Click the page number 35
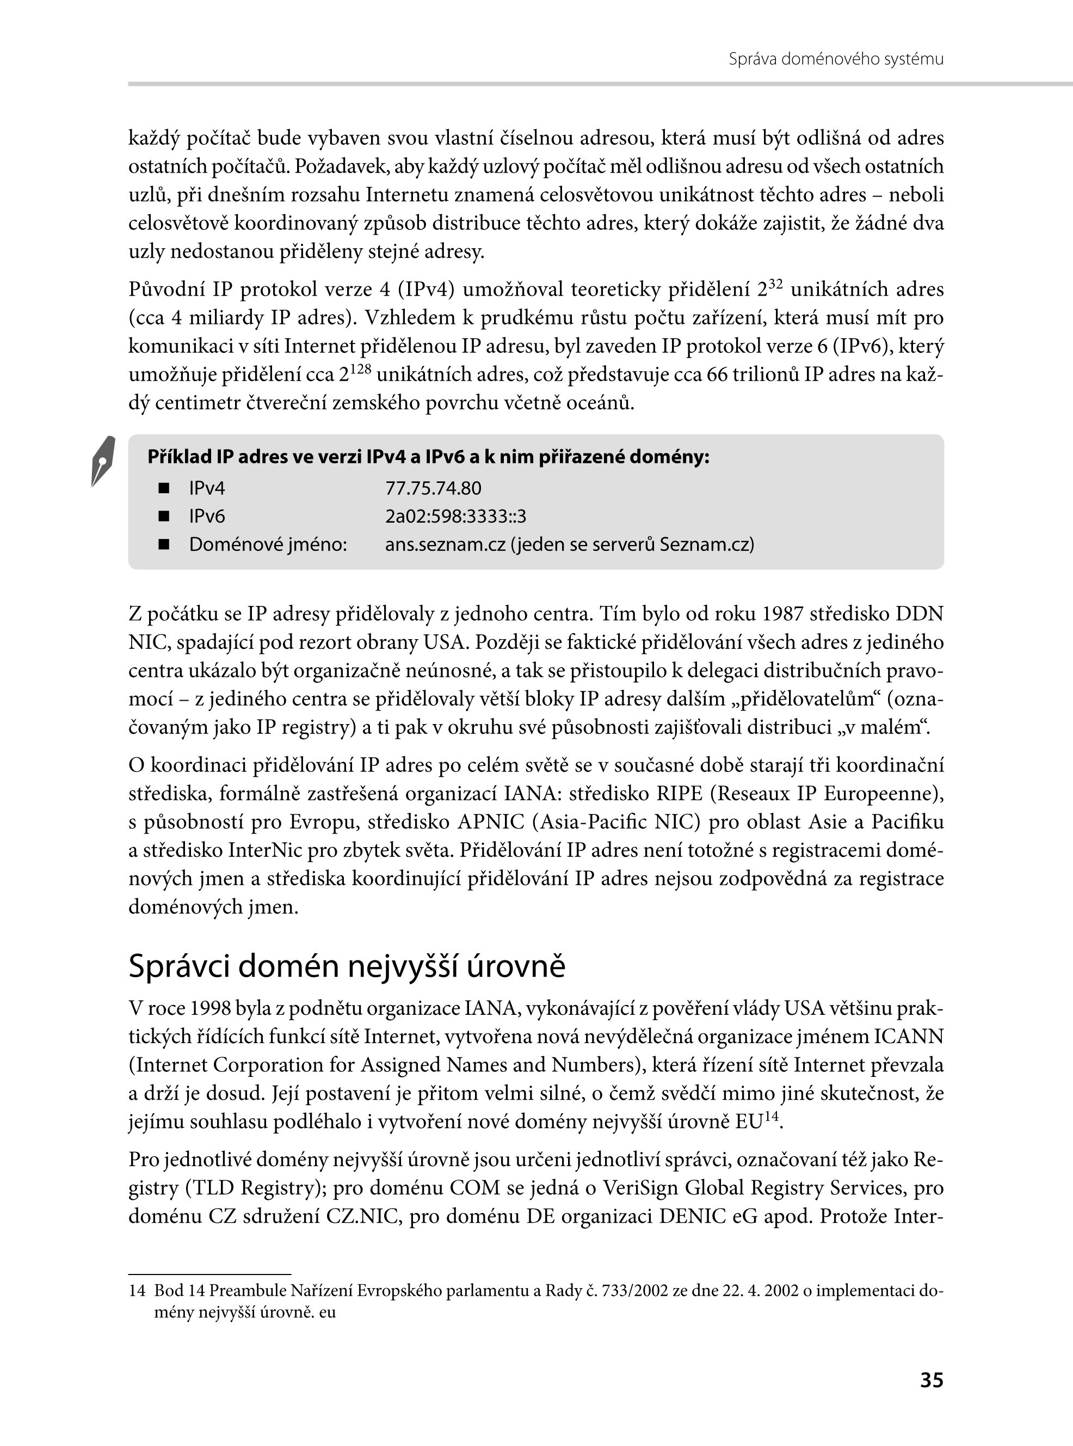click(x=932, y=1398)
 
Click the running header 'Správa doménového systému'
click(x=835, y=59)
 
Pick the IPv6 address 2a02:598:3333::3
click(x=455, y=516)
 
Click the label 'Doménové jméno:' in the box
click(x=268, y=544)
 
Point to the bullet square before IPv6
click(x=164, y=516)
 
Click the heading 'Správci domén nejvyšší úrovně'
click(x=347, y=966)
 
